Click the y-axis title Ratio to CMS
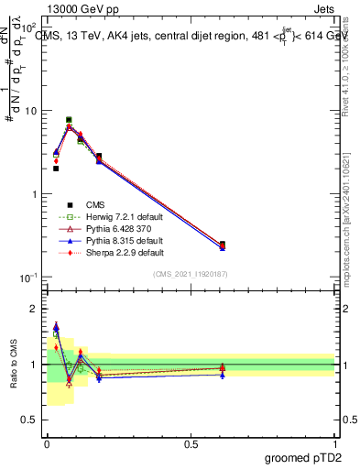(13, 365)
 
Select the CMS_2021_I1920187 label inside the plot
(191, 274)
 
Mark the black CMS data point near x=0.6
(223, 245)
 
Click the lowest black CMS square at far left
(56, 169)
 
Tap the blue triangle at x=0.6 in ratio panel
(223, 375)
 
